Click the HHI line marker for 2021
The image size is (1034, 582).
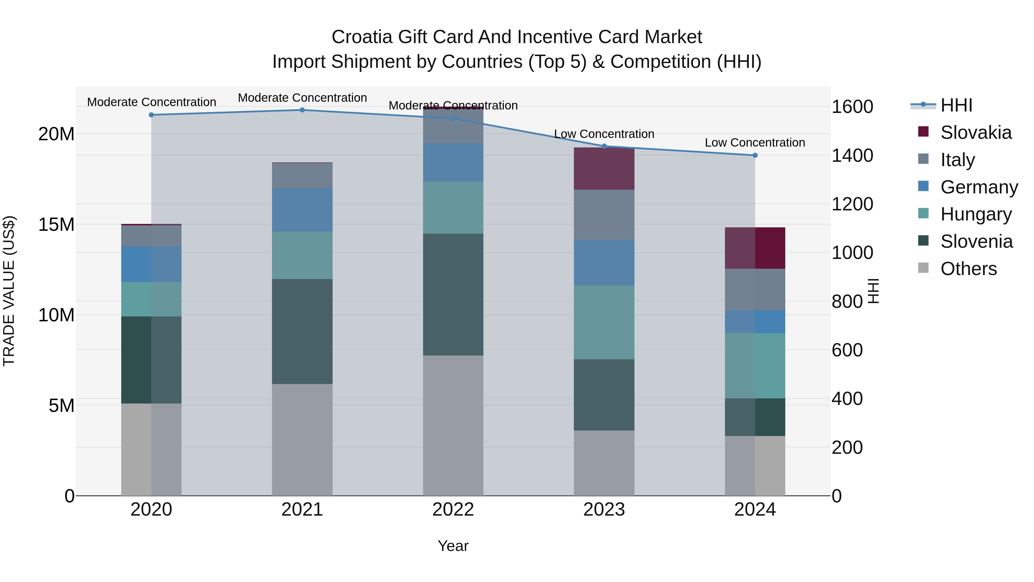pyautogui.click(x=302, y=110)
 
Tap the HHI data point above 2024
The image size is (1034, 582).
pyautogui.click(x=755, y=155)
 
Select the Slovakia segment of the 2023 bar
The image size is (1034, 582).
pyautogui.click(x=604, y=169)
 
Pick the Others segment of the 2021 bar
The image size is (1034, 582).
pyautogui.click(x=302, y=439)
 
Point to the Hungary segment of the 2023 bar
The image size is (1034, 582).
pyautogui.click(x=604, y=322)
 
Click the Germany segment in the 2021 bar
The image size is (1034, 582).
pyautogui.click(x=302, y=210)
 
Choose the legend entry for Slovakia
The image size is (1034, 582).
pyautogui.click(x=976, y=132)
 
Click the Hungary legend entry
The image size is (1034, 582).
pyautogui.click(x=976, y=214)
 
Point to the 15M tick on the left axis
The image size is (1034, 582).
pyautogui.click(x=56, y=224)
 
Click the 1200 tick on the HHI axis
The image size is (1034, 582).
pyautogui.click(x=852, y=204)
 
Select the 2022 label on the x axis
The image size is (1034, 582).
pyautogui.click(x=453, y=510)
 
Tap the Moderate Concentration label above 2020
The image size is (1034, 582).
pyautogui.click(x=151, y=102)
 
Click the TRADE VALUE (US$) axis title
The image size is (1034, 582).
pyautogui.click(x=9, y=291)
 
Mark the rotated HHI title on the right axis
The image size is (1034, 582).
pyautogui.click(x=874, y=291)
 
